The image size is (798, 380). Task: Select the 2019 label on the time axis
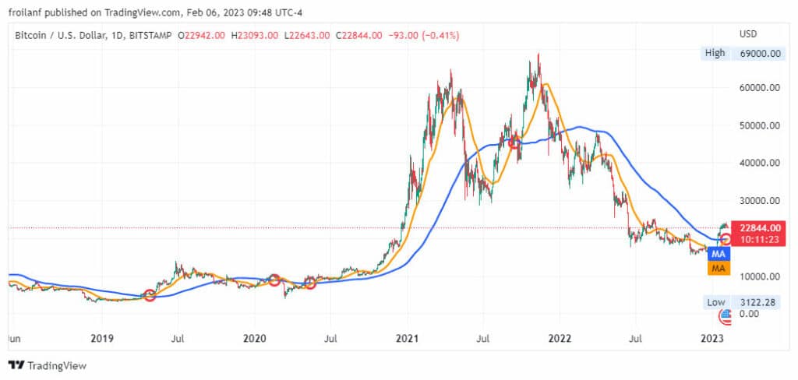[102, 339]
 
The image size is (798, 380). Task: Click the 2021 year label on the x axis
[407, 339]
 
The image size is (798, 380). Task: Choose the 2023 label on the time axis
[711, 339]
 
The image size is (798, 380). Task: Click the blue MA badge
[719, 255]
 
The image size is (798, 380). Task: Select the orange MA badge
[719, 269]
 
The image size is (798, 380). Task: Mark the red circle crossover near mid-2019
[150, 295]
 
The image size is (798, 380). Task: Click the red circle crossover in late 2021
[514, 143]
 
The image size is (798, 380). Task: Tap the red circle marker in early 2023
[725, 238]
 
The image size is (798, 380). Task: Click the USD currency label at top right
[748, 35]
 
